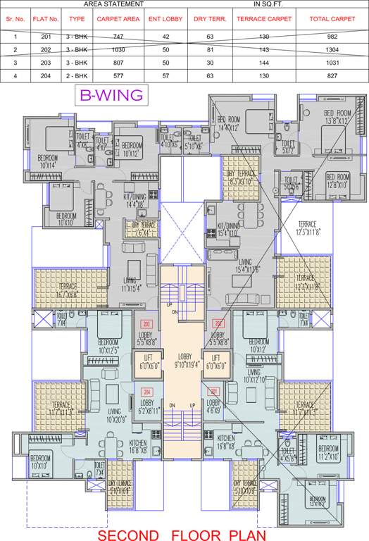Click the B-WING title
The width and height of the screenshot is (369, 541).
point(111,94)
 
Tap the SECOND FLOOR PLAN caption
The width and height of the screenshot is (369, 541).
point(184,535)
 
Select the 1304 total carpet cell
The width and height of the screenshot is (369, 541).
point(332,50)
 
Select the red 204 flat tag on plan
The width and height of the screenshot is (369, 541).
point(147,392)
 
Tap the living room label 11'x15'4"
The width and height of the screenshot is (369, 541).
point(130,285)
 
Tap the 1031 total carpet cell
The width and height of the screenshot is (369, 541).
point(332,63)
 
